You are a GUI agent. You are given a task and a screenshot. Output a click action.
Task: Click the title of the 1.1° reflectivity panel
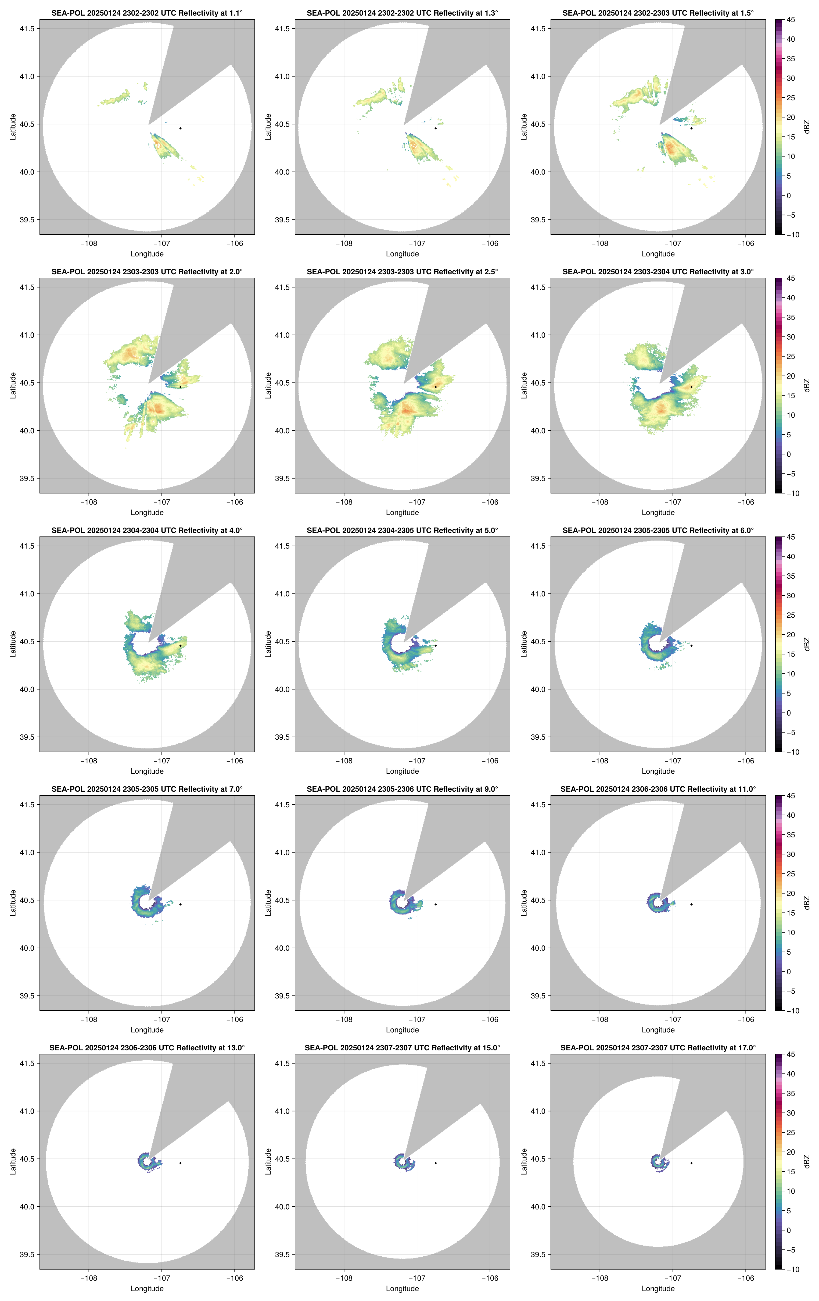[x=147, y=13]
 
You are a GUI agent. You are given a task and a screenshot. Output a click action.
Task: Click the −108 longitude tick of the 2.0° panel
[x=89, y=502]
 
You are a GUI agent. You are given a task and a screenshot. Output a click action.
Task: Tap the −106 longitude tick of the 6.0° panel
[x=746, y=761]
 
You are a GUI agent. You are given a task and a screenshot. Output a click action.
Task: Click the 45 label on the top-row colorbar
[x=791, y=20]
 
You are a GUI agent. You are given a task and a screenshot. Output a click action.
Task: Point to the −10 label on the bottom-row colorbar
[x=792, y=1269]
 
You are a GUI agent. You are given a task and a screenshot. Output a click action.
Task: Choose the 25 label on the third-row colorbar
[x=791, y=615]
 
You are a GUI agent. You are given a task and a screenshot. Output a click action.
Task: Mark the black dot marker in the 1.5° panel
[x=691, y=128]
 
